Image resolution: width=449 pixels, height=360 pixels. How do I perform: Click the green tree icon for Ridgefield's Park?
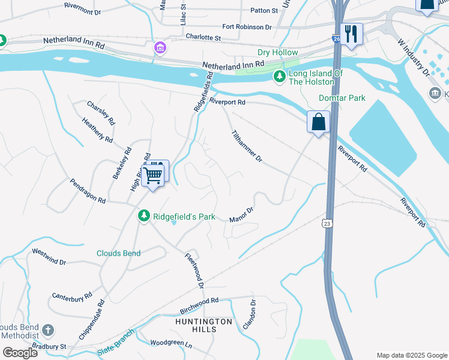click(x=143, y=215)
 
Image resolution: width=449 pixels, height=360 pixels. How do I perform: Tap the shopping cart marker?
click(x=153, y=175)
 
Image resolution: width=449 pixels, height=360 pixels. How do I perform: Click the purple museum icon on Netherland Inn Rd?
click(x=160, y=47)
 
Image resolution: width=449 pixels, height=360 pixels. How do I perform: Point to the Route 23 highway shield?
click(x=327, y=223)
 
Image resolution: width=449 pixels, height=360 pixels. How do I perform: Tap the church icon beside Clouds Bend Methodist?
click(x=48, y=330)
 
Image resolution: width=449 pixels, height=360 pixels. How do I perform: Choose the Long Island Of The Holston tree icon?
click(x=279, y=76)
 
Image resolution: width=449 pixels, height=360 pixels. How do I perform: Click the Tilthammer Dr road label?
click(x=247, y=146)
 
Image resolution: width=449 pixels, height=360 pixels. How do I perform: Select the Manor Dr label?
click(x=243, y=215)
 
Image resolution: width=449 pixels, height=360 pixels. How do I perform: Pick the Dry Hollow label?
click(x=277, y=53)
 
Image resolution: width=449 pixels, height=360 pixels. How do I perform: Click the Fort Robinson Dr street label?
click(x=247, y=27)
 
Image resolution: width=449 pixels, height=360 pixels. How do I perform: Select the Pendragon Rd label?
click(x=88, y=191)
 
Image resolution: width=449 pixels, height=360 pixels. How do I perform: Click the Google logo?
click(x=20, y=352)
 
